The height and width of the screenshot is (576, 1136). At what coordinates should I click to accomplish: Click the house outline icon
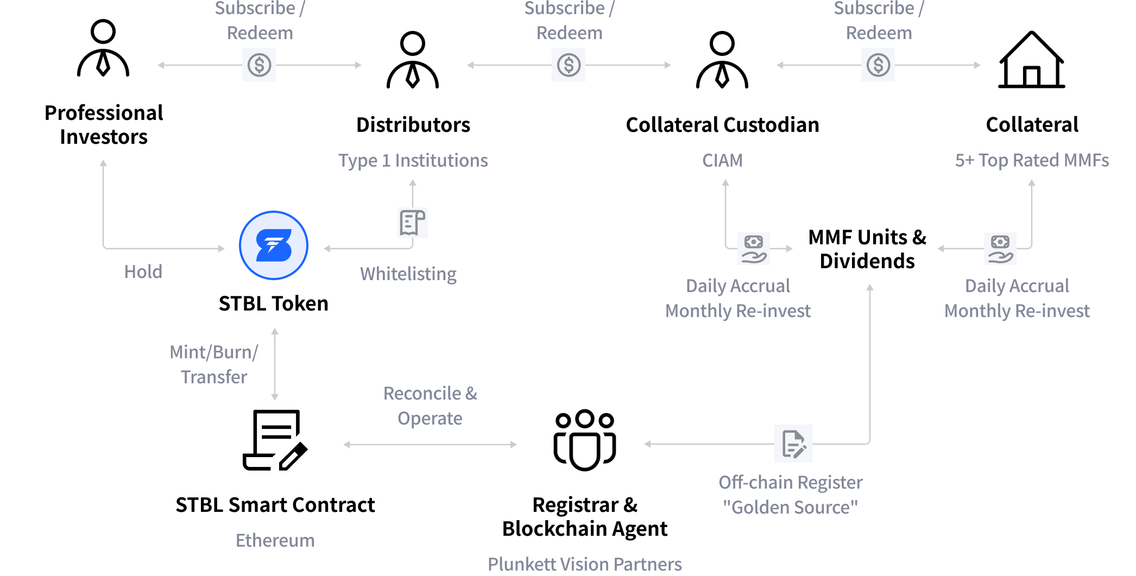point(1031,59)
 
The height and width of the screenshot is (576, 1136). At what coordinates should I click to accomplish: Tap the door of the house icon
point(1031,76)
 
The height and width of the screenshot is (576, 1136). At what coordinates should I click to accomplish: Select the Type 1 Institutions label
point(413,161)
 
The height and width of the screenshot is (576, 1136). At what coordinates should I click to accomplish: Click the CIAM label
point(722,161)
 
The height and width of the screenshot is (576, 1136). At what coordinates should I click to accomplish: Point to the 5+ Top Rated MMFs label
point(1031,161)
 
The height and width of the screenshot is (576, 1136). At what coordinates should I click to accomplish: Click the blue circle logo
point(274,245)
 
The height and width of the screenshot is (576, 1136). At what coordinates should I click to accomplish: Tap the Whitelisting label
point(408,274)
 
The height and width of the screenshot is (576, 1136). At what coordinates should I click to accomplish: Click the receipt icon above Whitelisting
point(413,223)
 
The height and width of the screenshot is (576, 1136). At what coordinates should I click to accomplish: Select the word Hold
point(143,272)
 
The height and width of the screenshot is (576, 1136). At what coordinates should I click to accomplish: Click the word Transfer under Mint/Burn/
point(214,377)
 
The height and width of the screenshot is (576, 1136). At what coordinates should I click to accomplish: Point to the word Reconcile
point(422,394)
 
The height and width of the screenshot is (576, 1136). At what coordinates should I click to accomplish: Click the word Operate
point(430,419)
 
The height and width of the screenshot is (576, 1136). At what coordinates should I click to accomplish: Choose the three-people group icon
point(585,440)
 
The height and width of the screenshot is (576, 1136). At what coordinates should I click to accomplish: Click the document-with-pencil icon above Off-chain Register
point(793,444)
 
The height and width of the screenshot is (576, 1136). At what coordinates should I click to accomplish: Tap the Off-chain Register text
point(790,483)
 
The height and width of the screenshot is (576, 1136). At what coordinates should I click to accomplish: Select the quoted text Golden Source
point(790,508)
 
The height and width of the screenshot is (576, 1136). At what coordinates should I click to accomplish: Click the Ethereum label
point(275,541)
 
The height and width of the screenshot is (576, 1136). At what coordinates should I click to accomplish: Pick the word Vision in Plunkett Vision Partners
point(584,565)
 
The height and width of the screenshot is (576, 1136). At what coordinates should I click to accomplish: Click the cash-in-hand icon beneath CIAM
point(753,249)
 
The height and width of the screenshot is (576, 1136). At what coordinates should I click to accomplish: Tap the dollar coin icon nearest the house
point(878,65)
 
